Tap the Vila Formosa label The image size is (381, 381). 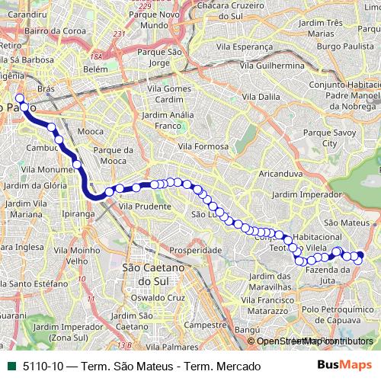pyautogui.click(x=203, y=146)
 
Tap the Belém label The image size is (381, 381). pyautogui.click(x=96, y=69)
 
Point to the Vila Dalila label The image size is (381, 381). pyautogui.click(x=260, y=98)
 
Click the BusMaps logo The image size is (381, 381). pyautogui.click(x=348, y=366)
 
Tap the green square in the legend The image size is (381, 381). pyautogui.click(x=9, y=367)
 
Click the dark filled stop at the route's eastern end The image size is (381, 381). pyautogui.click(x=360, y=255)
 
